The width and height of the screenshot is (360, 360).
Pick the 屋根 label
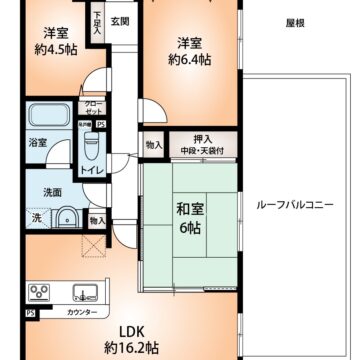[x=294, y=20]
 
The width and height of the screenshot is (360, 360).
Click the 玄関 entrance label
[x=120, y=21]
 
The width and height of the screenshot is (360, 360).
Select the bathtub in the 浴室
[x=48, y=117]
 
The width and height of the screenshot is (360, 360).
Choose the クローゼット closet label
[x=90, y=108]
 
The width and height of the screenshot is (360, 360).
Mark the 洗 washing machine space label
[x=37, y=219]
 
